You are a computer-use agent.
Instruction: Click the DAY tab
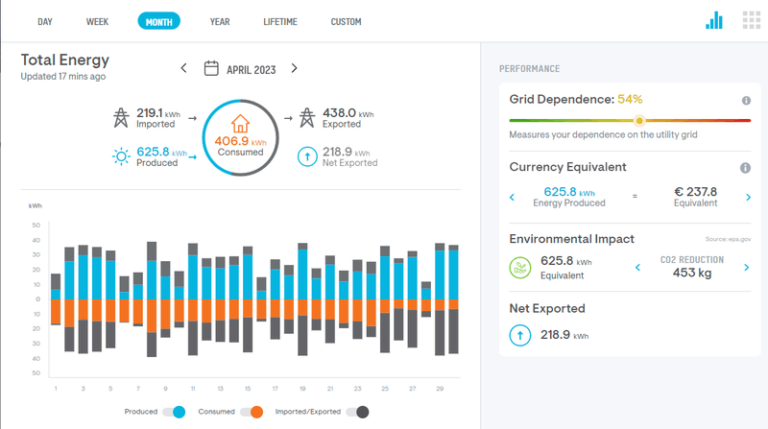coord(45,21)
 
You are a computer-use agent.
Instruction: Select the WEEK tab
coord(97,21)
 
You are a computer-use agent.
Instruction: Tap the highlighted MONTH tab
coord(158,21)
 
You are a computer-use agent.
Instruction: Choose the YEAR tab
coord(220,21)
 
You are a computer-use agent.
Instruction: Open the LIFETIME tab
coord(280,21)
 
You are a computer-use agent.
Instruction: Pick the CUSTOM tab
coord(346,21)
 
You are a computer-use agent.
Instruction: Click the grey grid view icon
coord(751,20)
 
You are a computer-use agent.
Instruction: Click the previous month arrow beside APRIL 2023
coord(184,68)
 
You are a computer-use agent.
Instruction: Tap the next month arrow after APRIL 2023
coord(294,68)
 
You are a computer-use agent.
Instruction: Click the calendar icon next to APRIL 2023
coord(212,68)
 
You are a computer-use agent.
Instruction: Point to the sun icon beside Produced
coord(121,156)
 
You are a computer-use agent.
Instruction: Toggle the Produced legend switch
coord(174,412)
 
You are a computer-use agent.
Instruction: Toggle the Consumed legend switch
coord(252,412)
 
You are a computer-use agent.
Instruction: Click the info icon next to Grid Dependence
coord(745,100)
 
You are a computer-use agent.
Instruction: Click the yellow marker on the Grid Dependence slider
coord(639,120)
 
